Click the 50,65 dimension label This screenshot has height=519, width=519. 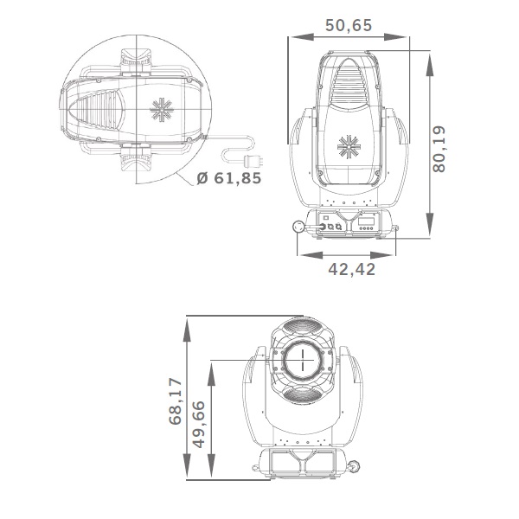[x=349, y=25]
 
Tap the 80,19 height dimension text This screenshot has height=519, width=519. [x=439, y=149]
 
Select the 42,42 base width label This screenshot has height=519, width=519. [x=351, y=269]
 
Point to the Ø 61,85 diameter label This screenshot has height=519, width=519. [x=228, y=178]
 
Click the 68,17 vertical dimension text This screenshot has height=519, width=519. [x=175, y=401]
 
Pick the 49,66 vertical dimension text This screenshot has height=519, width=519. [x=199, y=425]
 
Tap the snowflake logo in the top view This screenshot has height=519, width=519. [x=162, y=110]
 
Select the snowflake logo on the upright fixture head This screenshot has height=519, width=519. [x=349, y=147]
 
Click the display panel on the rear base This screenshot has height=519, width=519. [x=367, y=221]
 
